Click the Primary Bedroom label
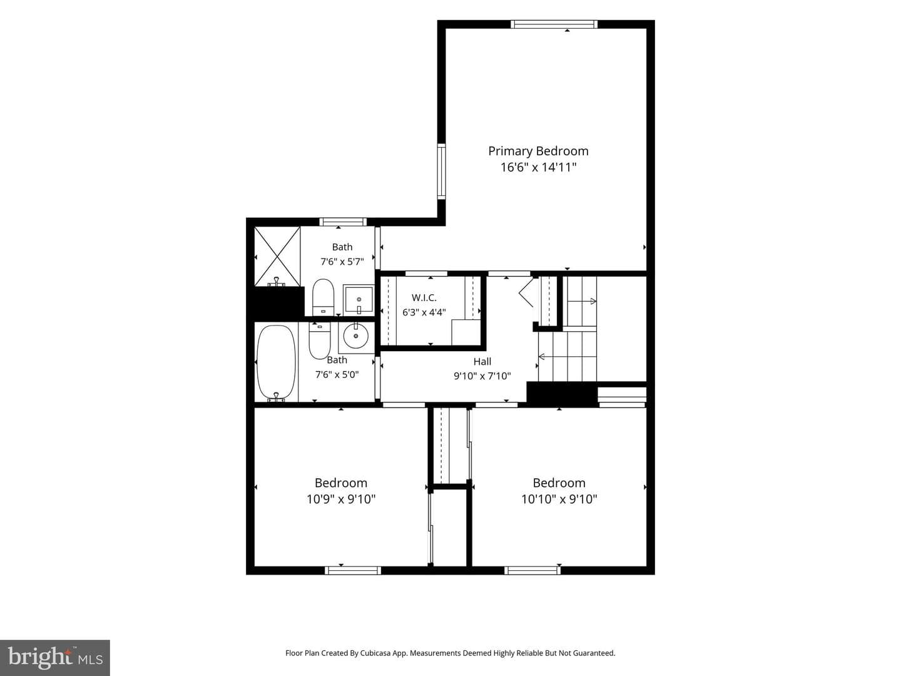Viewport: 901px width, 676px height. [x=538, y=151]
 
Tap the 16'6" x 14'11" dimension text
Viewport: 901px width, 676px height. [x=538, y=168]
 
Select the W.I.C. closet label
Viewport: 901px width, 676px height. [x=424, y=297]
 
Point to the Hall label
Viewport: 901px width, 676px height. [x=482, y=362]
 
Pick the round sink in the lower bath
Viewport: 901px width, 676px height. [x=356, y=335]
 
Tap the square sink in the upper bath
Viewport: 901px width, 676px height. [x=359, y=300]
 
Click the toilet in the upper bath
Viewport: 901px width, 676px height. [x=323, y=297]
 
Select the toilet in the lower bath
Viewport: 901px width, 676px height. [x=319, y=341]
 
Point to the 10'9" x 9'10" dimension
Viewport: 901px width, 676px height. [x=341, y=499]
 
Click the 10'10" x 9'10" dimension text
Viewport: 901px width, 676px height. [x=559, y=499]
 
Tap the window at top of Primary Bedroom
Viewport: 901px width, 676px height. [x=554, y=24]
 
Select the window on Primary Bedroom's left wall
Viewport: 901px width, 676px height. [x=441, y=172]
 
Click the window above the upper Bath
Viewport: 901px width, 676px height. [x=343, y=222]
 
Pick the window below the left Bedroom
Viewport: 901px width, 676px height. [x=353, y=570]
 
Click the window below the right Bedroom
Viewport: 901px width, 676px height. [x=532, y=570]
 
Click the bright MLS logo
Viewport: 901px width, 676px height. [x=55, y=657]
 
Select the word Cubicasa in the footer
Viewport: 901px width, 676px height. [x=372, y=653]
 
